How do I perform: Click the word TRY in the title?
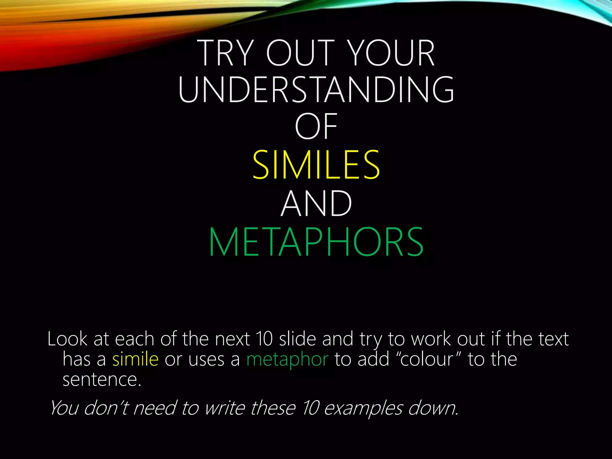coord(227,53)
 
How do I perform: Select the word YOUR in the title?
coord(391,53)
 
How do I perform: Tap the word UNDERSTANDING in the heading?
coord(316,90)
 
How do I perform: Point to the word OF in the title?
coord(316,127)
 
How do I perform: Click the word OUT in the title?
coord(300,53)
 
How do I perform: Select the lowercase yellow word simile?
coord(135,359)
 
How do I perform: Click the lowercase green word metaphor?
coord(287,360)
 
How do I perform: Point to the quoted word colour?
coord(427,359)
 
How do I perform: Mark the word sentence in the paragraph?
coord(102,380)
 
